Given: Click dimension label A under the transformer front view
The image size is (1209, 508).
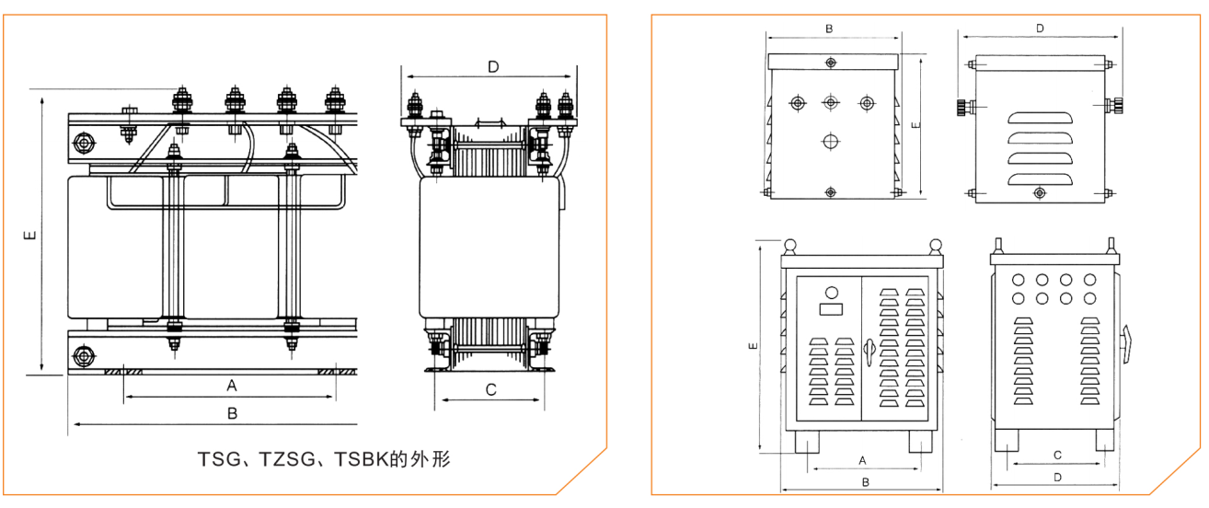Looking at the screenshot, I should click(232, 384).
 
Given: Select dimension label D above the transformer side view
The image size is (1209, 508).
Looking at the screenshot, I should click(493, 66).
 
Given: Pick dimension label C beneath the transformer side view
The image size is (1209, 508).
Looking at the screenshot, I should click(491, 389).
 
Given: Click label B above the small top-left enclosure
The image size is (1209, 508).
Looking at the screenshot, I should click(829, 29).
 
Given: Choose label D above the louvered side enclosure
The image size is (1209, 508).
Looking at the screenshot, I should click(1040, 29).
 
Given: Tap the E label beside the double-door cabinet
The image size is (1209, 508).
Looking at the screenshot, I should click(753, 347).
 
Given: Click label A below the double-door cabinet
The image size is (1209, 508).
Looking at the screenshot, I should click(862, 458).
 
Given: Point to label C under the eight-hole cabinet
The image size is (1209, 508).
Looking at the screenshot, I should click(1057, 455).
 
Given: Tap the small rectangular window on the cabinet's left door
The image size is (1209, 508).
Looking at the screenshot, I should click(832, 310).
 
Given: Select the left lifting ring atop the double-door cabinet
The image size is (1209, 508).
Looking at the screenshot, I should click(790, 245).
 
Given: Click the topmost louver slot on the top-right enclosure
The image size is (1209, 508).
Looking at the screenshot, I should click(1041, 118).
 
